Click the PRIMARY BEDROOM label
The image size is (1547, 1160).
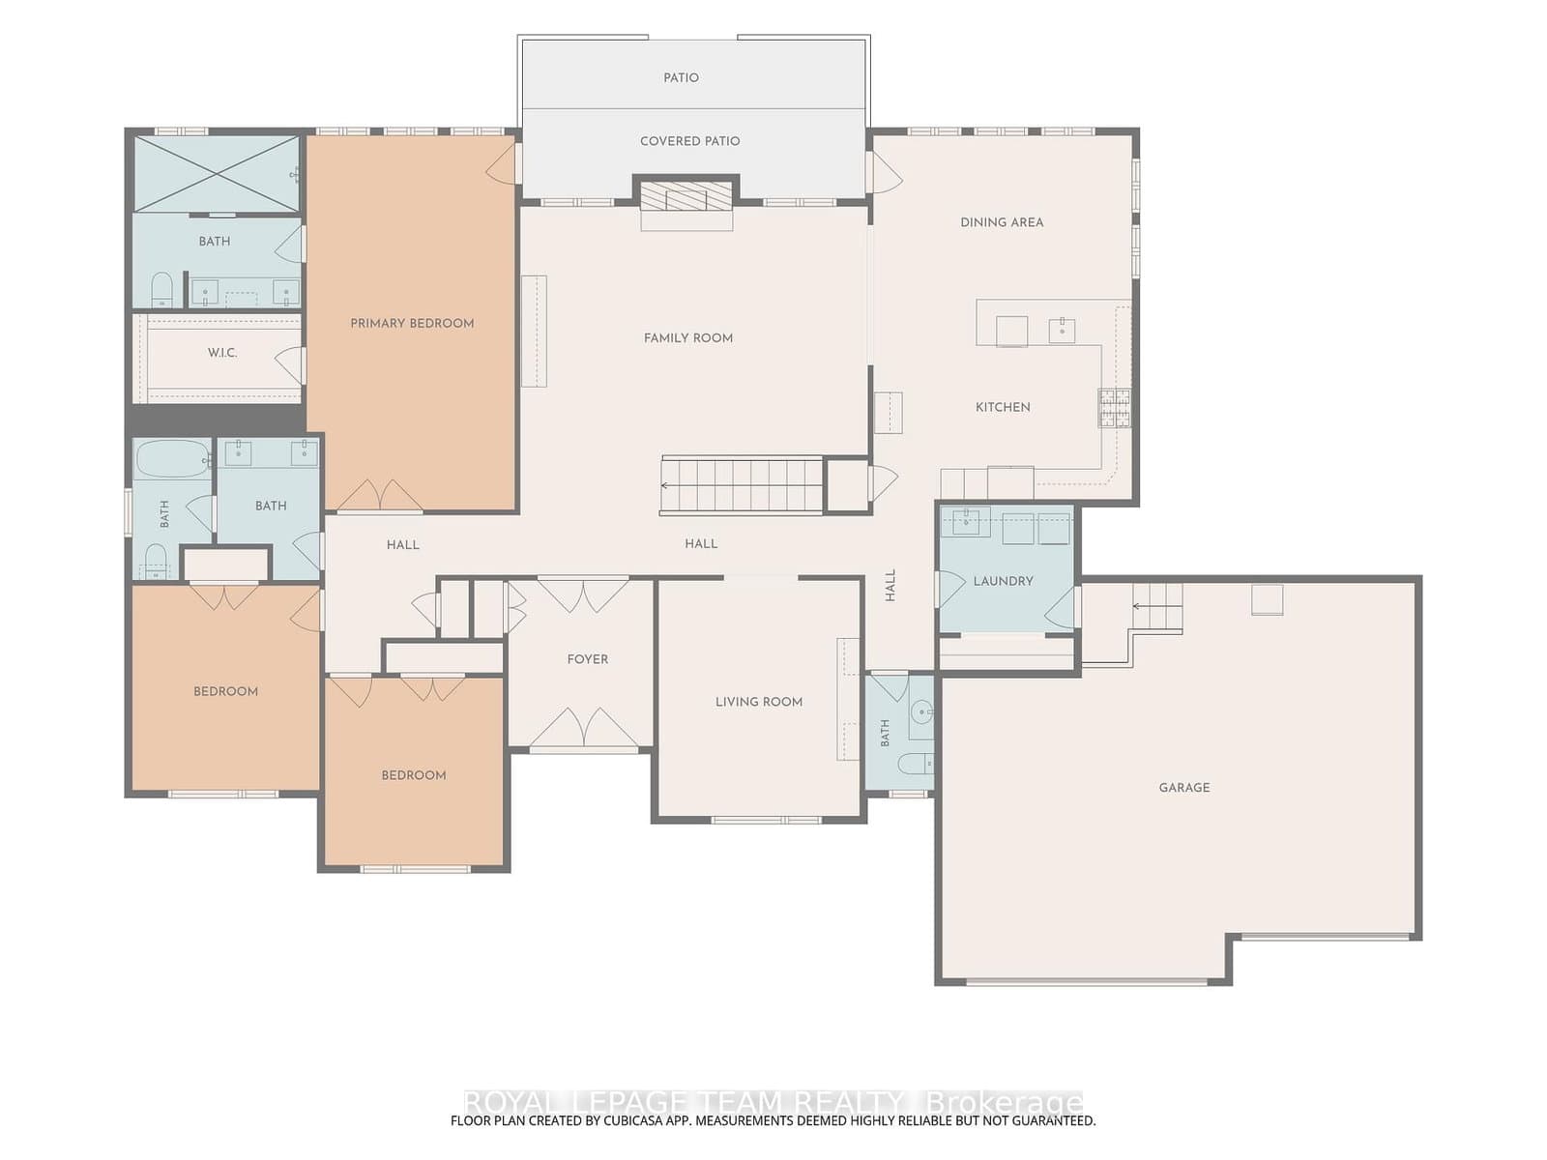[x=412, y=323]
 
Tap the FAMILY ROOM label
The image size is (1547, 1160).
[x=687, y=338]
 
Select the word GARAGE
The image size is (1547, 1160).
[x=1184, y=788]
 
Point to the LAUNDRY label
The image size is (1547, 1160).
[x=1003, y=581]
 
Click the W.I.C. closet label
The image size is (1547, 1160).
[x=222, y=353]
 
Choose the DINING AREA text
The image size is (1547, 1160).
[x=1002, y=222]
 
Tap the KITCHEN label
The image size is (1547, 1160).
[x=1003, y=407]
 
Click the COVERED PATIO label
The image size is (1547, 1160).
[x=689, y=141]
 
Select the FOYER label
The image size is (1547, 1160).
[x=587, y=659]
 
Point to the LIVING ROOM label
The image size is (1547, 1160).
[x=758, y=702]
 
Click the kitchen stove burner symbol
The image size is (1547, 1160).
[x=1114, y=408]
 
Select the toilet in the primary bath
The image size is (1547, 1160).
[x=162, y=289]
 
